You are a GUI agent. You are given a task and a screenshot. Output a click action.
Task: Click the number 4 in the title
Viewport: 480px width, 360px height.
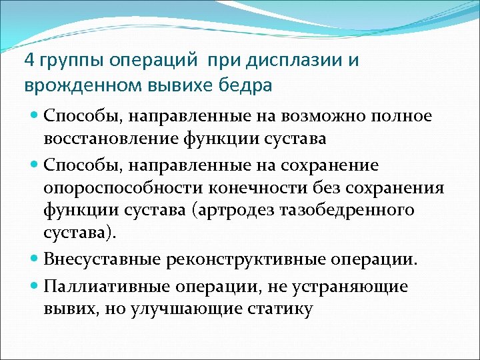click(29, 61)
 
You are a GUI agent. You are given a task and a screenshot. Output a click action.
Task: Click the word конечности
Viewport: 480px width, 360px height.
click(267, 187)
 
